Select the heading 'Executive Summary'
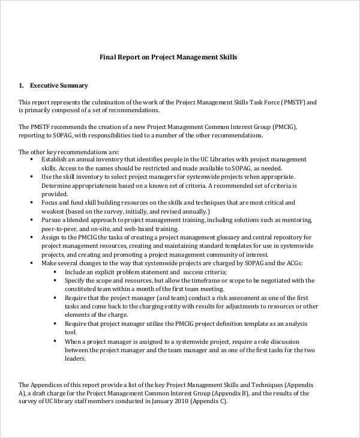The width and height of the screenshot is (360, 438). pos(59,85)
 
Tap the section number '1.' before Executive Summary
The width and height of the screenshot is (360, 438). pos(21,85)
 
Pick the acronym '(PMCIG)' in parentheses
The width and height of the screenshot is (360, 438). pos(275,127)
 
